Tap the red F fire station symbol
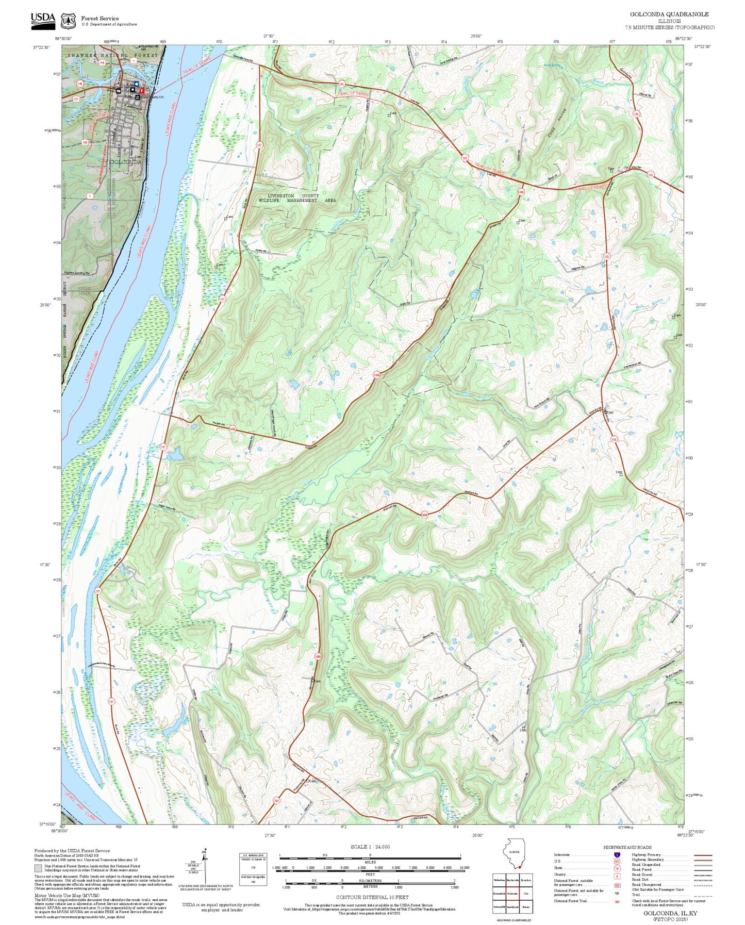coord(142,91)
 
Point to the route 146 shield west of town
coord(80,82)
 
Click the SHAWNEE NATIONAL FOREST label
coord(112,55)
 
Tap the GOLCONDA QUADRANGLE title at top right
coord(669,14)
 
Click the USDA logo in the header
coord(43,19)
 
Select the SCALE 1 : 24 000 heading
coord(370,847)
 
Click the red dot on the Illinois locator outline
coord(520,867)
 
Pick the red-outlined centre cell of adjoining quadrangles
coord(511,894)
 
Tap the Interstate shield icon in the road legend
coord(617,855)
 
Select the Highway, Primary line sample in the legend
coord(703,855)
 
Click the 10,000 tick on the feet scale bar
coord(464,868)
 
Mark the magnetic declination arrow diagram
coord(204,866)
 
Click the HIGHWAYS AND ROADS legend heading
coord(627,847)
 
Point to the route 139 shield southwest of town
coord(85,142)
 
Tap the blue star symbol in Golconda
coord(136,83)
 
